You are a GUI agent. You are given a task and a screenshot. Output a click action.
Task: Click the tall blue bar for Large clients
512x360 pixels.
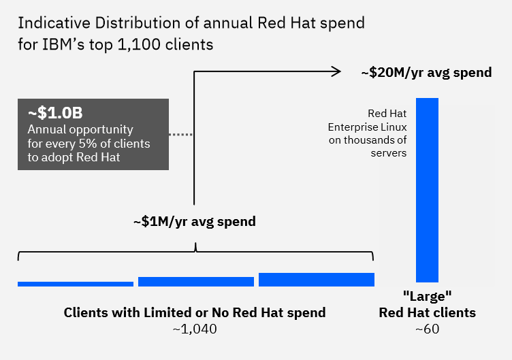coord(427,190)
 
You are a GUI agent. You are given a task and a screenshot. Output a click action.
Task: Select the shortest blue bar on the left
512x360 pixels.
coord(76,284)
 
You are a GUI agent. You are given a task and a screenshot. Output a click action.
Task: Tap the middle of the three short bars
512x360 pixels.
coord(196,282)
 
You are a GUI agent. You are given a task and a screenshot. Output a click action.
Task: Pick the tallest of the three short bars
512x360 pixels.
coord(317,279)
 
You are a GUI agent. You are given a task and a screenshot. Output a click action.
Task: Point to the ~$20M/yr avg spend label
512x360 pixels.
coord(426,72)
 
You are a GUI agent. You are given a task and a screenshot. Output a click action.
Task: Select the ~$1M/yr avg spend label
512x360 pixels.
coord(195,221)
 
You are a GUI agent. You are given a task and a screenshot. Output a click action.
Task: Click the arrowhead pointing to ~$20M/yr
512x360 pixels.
coord(336,71)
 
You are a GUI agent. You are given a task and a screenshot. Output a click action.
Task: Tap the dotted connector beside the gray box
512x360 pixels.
coord(181,135)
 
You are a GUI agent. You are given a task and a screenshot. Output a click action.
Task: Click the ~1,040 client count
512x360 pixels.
coord(195,329)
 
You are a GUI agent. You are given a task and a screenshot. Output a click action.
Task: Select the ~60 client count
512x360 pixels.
coord(427,329)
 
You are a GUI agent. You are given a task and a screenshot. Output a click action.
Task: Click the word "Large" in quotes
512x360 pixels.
coord(427,297)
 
